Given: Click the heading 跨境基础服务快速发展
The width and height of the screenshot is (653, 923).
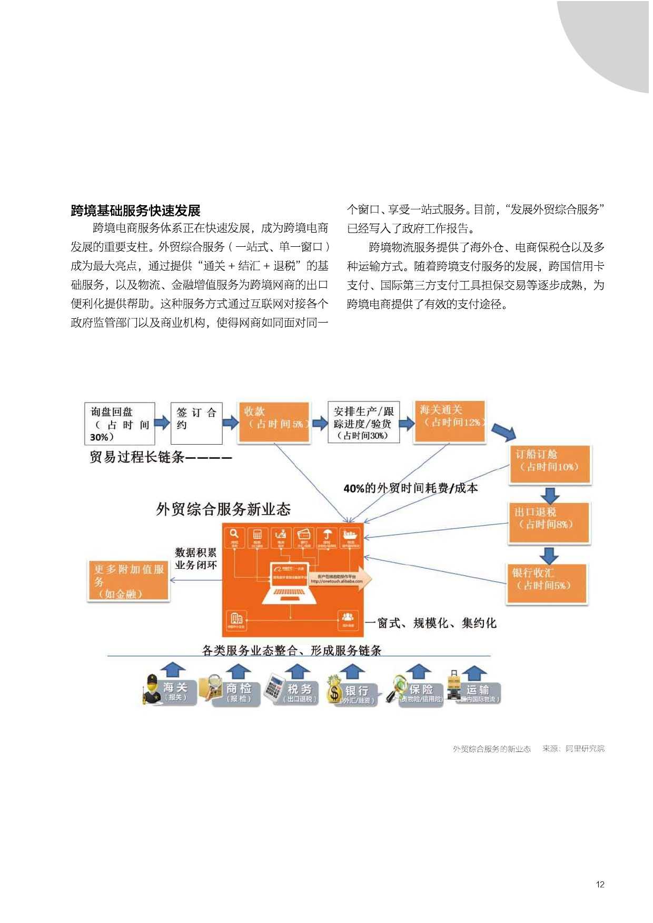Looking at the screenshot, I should pyautogui.click(x=136, y=211).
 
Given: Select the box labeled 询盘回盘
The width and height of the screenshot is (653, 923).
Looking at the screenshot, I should pyautogui.click(x=120, y=424).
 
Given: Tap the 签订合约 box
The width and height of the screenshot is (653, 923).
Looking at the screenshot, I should pyautogui.click(x=196, y=424).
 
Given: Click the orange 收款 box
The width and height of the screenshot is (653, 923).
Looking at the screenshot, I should pyautogui.click(x=274, y=422).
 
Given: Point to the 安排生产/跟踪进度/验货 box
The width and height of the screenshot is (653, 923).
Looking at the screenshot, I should pyautogui.click(x=363, y=423).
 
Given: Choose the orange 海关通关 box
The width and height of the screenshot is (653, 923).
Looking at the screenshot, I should pyautogui.click(x=449, y=420).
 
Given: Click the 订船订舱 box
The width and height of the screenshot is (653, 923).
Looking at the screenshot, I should pyautogui.click(x=550, y=464).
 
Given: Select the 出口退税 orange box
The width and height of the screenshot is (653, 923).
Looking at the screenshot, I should pyautogui.click(x=549, y=522).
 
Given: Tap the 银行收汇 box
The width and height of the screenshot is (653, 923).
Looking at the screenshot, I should pyautogui.click(x=547, y=583).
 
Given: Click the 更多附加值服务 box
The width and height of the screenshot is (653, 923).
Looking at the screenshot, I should pyautogui.click(x=128, y=580).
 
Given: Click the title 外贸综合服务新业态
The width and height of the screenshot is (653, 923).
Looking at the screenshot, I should pyautogui.click(x=223, y=509).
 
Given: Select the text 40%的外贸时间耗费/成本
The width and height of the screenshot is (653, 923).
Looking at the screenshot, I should pyautogui.click(x=410, y=488).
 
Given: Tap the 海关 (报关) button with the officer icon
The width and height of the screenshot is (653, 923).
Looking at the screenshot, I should pyautogui.click(x=170, y=690).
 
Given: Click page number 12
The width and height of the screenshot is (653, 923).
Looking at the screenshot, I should pyautogui.click(x=600, y=884).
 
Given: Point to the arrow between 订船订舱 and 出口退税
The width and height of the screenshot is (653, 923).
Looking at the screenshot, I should pyautogui.click(x=550, y=495).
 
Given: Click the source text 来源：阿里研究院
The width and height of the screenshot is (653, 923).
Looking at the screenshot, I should pyautogui.click(x=573, y=748).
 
